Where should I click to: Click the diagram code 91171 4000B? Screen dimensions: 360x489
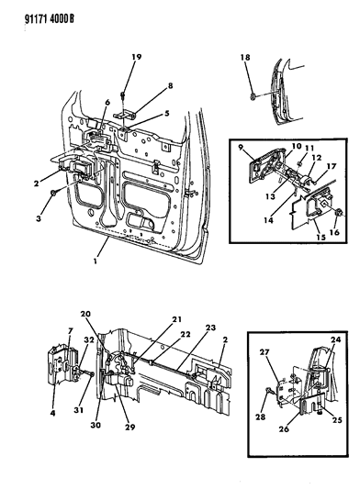pos(50,19)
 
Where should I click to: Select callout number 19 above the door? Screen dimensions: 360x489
pos(136,57)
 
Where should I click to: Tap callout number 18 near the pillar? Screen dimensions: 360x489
pos(245,57)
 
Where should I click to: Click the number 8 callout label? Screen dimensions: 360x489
pos(170,85)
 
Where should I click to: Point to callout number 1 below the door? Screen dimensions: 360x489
pos(96,261)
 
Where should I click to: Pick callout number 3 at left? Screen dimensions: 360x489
pos(39,218)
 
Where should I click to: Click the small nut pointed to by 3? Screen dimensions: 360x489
pos(54,194)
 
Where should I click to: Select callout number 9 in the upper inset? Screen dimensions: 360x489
pos(241,147)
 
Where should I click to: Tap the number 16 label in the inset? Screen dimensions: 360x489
pos(334,232)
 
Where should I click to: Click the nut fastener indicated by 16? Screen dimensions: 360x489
pos(339,213)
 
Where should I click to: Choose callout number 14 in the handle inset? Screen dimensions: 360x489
pos(268,220)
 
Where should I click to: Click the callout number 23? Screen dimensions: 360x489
pos(210,328)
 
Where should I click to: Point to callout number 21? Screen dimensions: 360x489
pos(176,319)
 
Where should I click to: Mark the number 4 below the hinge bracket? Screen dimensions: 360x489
pos(52,414)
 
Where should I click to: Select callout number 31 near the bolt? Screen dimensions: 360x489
pos(78,409)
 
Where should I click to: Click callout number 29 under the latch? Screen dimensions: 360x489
pos(129,427)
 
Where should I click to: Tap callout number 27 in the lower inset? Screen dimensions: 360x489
pos(264,352)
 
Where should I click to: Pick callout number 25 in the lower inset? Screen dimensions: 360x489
pos(337,420)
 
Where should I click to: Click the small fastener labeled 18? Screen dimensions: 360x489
pos(253,96)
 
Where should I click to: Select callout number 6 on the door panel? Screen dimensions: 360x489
pos(107,102)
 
